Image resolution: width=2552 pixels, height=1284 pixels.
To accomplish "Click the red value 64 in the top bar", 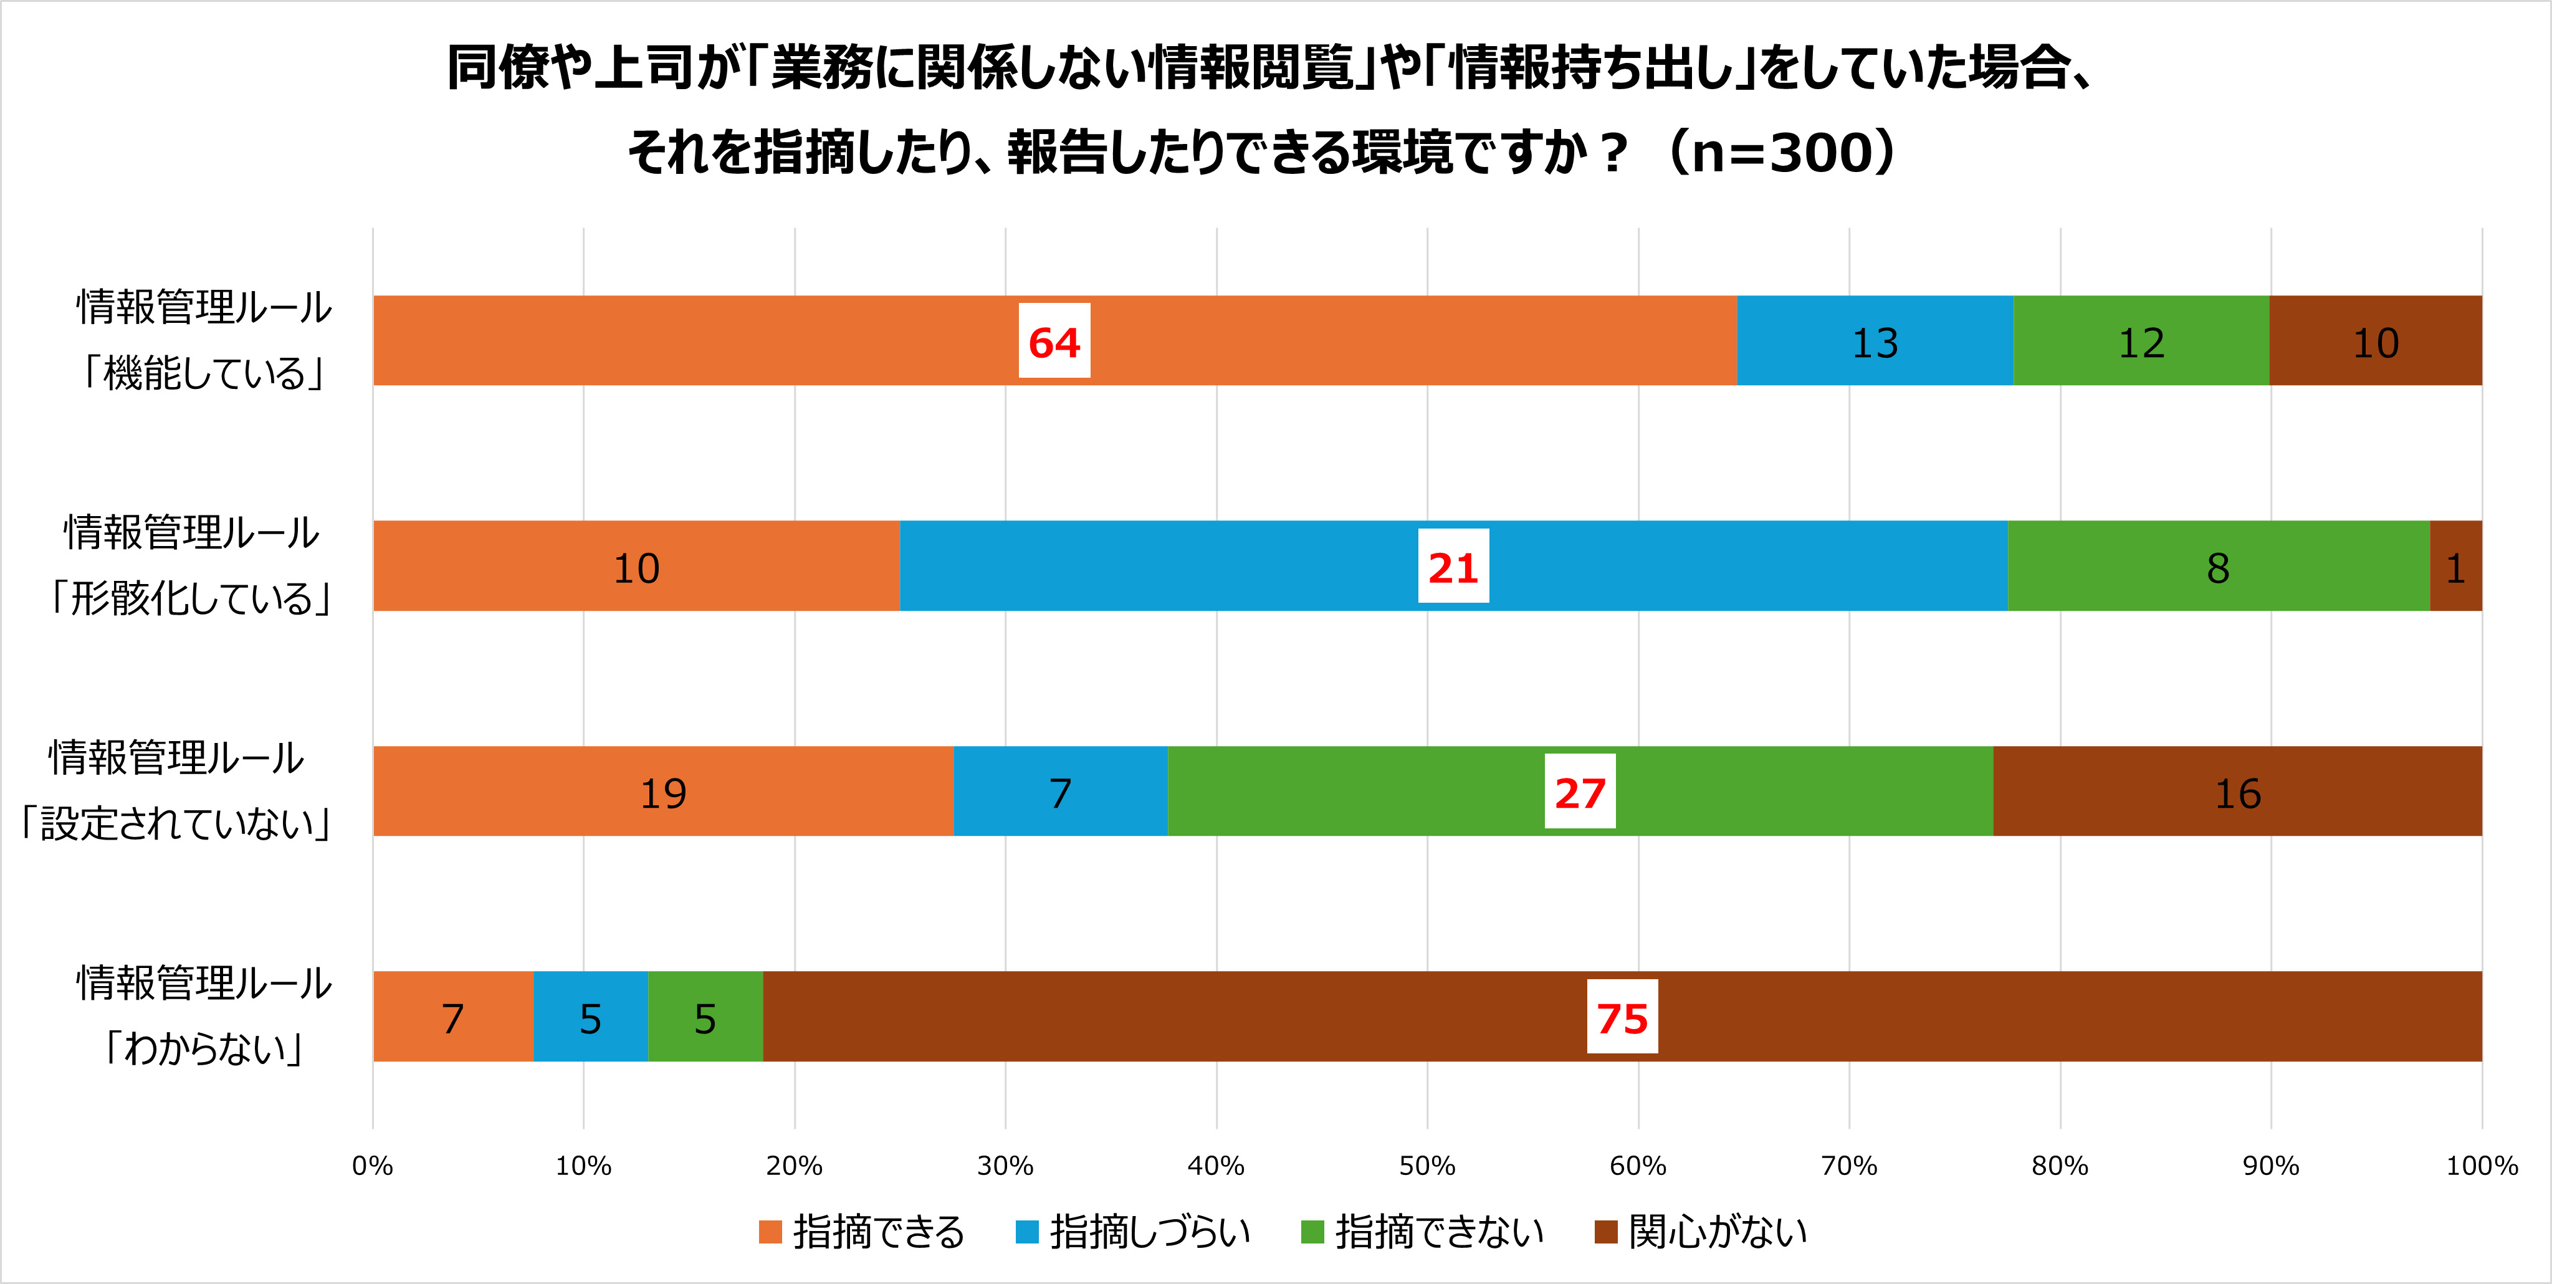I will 1054,342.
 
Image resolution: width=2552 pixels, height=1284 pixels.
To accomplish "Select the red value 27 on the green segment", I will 1579,793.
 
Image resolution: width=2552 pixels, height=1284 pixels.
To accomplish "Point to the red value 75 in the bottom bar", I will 1622,1017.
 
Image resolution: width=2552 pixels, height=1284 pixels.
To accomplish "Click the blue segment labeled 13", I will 1875,342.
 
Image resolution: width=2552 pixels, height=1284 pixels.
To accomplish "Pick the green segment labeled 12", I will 2141,342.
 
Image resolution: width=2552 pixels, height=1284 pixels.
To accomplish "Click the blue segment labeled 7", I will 1060,793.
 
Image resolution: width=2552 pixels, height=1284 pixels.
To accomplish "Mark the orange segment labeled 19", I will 662,793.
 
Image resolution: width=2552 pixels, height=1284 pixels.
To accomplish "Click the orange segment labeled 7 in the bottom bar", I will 452,1017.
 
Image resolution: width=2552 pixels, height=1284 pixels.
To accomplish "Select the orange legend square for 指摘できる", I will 770,1232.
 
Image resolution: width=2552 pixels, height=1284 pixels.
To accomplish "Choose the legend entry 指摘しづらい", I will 1149,1232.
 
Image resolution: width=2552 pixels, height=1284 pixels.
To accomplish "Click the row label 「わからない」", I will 204,1048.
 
